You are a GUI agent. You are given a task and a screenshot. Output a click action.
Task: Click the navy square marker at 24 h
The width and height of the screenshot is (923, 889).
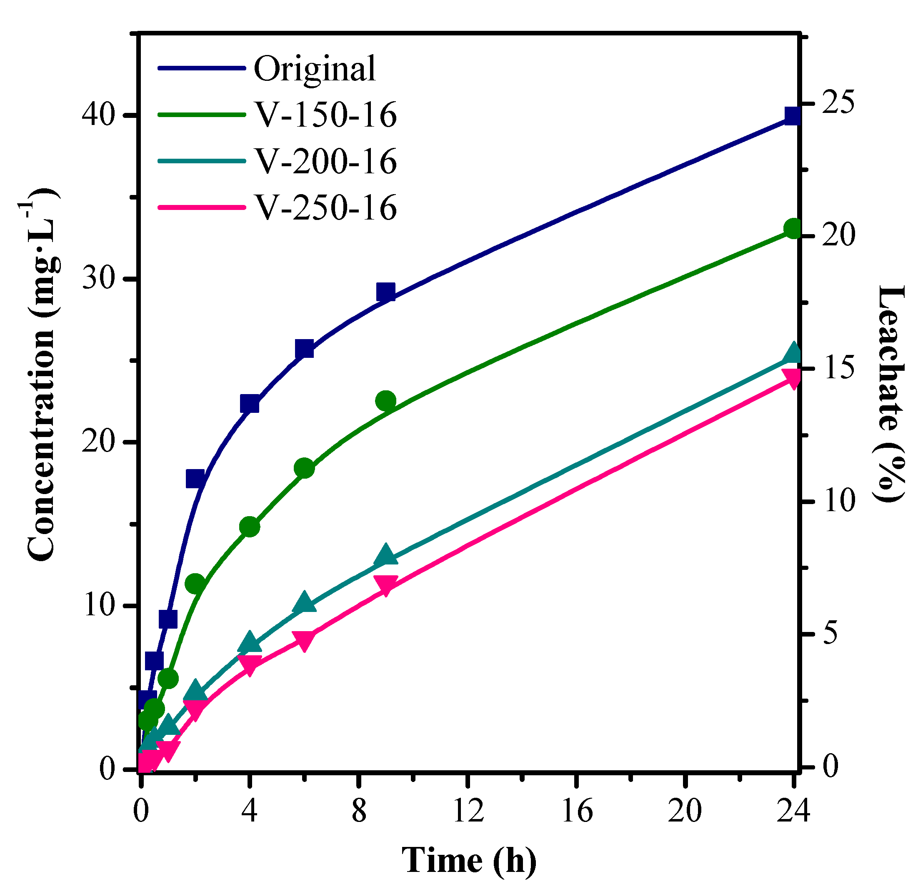coord(793,115)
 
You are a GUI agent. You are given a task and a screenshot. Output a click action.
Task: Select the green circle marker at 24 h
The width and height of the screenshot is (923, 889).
coord(793,229)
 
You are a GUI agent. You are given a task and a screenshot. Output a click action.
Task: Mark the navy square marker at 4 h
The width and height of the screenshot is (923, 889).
coord(250,404)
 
